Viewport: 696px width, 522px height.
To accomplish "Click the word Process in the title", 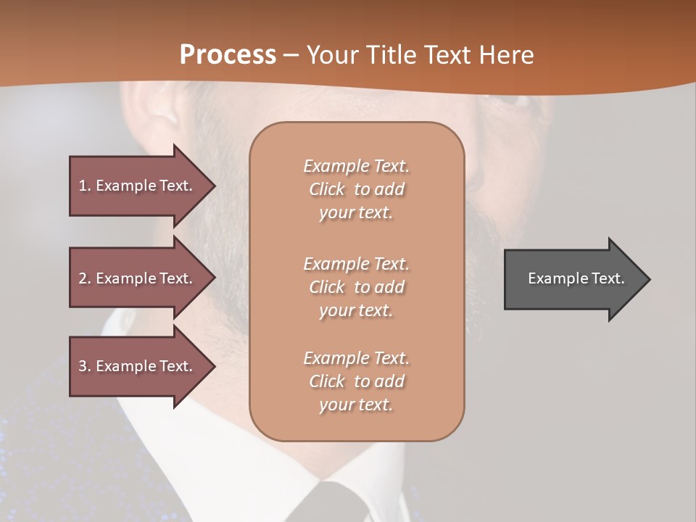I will coord(228,55).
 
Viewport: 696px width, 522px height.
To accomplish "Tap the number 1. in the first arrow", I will coord(85,186).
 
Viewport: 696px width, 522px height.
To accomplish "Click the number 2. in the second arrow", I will coord(85,278).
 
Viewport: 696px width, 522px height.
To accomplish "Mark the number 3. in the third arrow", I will coord(85,366).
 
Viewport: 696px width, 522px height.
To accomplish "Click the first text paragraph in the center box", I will coord(357,189).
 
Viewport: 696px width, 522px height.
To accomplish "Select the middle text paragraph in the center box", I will coord(357,287).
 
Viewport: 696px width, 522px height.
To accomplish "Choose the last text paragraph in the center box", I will coord(357,381).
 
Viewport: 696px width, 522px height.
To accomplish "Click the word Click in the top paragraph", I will coord(327,189).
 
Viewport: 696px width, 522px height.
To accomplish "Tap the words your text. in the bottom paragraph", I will coord(356,405).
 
